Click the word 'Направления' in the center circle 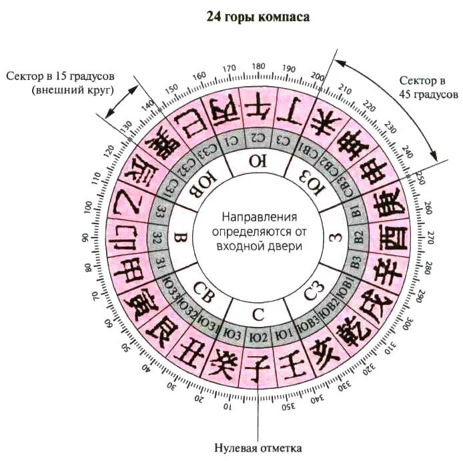(x=259, y=217)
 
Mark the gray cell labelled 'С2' (x=259, y=140)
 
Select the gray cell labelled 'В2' (x=358, y=237)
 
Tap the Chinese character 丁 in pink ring (x=294, y=110)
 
